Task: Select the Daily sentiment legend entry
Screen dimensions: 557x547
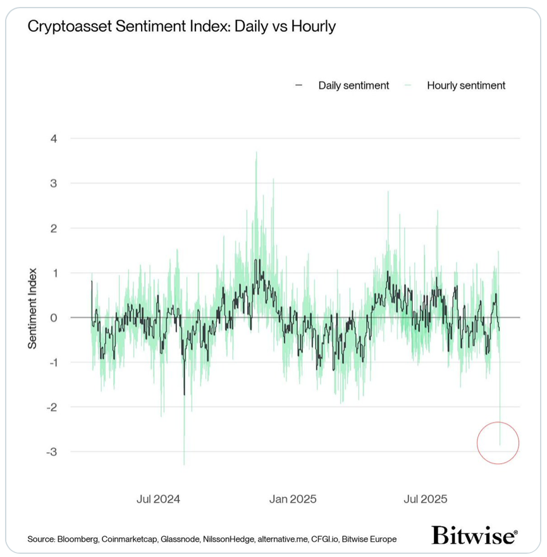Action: tap(353, 85)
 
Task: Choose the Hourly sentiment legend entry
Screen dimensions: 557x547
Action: tap(465, 85)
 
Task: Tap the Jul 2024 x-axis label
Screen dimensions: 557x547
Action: tap(158, 499)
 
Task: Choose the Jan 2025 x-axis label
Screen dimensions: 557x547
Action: tap(293, 499)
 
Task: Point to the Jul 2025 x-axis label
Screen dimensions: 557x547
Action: tap(424, 499)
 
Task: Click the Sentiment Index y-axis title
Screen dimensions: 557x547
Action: tap(32, 308)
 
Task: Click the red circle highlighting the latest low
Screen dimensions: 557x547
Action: tap(498, 443)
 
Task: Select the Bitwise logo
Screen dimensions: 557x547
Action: tap(474, 535)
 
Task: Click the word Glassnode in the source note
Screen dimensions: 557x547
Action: tap(183, 539)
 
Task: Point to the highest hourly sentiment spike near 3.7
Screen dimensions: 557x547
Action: tap(256, 153)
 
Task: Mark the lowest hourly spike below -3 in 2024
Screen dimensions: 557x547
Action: tap(184, 464)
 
